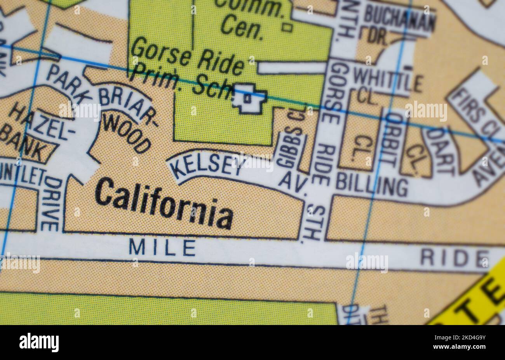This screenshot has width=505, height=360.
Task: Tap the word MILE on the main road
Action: (x=162, y=248)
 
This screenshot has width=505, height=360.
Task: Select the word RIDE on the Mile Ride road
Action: (x=454, y=258)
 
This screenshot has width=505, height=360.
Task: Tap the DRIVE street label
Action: (x=51, y=204)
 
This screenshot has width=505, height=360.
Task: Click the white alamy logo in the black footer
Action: (x=39, y=343)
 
